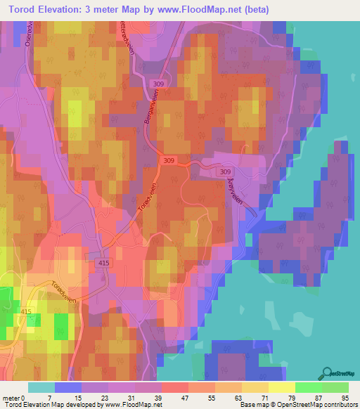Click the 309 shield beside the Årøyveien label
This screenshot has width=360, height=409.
[x=225, y=171]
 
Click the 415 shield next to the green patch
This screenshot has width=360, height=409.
[x=27, y=311]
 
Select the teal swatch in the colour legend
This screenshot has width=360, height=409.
[x=40, y=387]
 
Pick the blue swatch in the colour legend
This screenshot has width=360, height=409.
[x=67, y=387]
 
